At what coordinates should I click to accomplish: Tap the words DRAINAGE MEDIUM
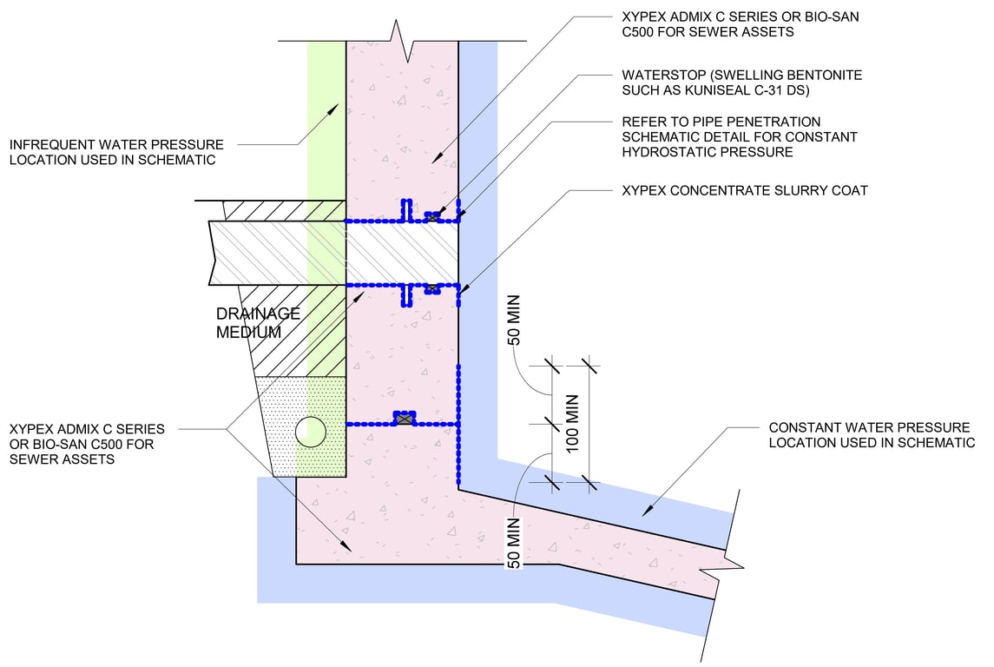(259, 322)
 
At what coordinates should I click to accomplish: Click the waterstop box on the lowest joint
(403, 419)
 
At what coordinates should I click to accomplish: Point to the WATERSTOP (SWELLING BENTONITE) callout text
(741, 83)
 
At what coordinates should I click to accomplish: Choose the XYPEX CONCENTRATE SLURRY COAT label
(745, 190)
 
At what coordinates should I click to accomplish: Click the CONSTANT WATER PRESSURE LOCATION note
(872, 435)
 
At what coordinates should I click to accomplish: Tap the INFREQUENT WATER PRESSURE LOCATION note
(116, 152)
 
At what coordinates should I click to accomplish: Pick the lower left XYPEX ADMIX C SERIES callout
(86, 444)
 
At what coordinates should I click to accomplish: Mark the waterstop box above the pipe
(432, 217)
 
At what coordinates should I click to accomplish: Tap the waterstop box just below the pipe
(431, 288)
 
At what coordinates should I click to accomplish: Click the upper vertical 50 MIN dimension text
(513, 323)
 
